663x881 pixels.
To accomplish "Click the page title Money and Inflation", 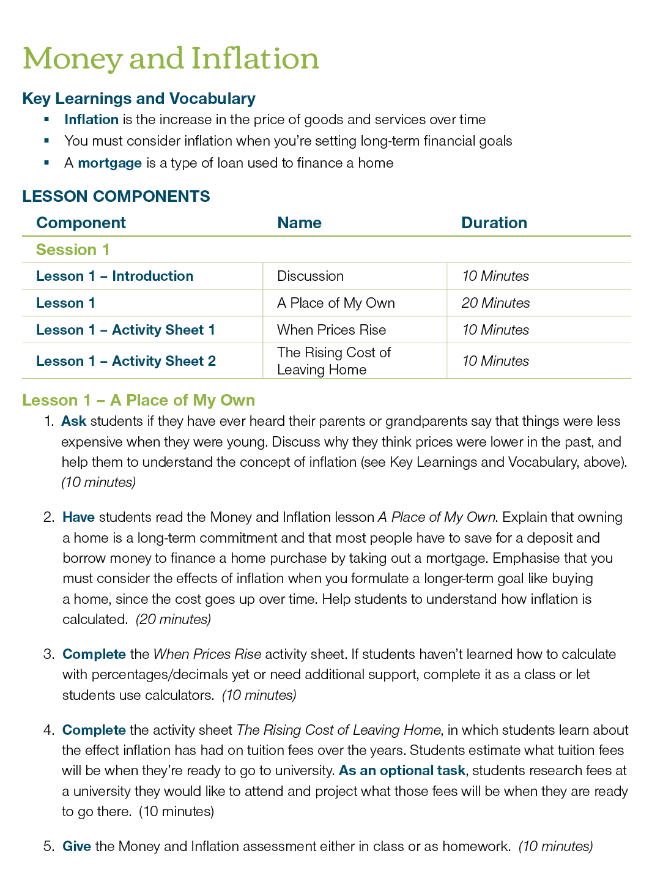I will (x=171, y=59).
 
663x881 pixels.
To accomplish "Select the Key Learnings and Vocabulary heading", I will (x=139, y=99).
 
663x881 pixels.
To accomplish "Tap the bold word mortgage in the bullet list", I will (x=109, y=163).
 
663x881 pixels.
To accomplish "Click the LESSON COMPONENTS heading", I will (x=116, y=196).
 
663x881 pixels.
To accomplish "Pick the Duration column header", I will (x=494, y=223).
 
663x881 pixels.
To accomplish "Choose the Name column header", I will (x=299, y=223).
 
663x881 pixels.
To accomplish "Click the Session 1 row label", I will (x=73, y=250).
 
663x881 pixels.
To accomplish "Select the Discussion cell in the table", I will (x=310, y=276).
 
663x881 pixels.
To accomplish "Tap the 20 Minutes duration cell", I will (x=495, y=303).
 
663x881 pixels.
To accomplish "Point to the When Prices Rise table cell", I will (x=331, y=330).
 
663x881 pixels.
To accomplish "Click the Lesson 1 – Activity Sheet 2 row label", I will (x=126, y=361).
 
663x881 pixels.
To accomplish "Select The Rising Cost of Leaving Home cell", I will (x=333, y=361).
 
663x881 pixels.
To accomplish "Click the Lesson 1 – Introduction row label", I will (x=114, y=276).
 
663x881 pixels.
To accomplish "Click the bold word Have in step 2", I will (x=78, y=517).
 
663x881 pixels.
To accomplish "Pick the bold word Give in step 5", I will (x=76, y=846).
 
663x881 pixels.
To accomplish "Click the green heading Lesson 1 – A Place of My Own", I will (x=138, y=400).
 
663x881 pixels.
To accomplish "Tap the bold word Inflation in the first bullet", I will (x=91, y=119).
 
